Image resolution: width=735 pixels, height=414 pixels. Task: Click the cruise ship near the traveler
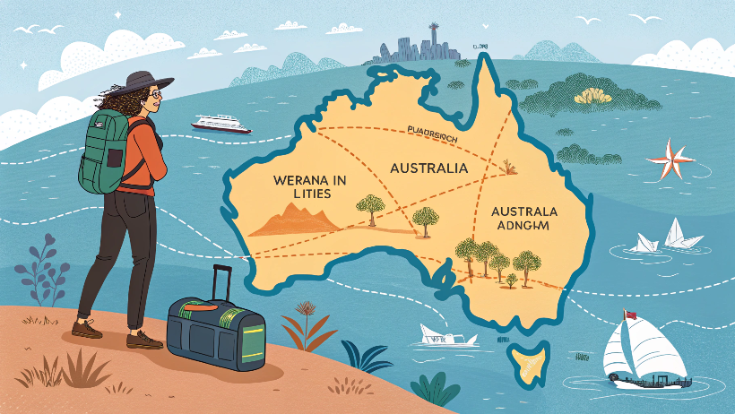220,124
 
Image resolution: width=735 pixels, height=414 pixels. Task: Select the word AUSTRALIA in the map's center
428,168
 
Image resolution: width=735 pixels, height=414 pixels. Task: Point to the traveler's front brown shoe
143,340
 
